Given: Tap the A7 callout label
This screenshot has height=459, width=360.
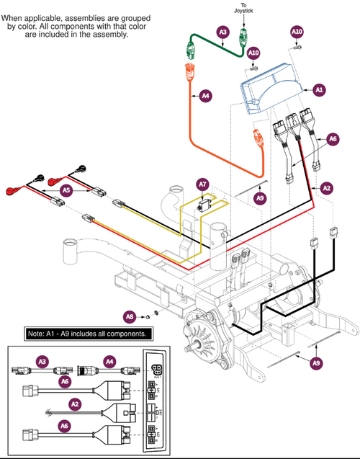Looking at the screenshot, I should [204, 186].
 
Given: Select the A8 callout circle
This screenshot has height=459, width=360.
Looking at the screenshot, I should [130, 315].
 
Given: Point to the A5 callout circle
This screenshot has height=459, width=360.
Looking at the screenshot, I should [66, 190].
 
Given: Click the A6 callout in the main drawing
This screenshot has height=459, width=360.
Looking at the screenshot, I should [332, 138].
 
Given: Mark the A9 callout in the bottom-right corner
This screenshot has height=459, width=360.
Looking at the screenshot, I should [316, 364].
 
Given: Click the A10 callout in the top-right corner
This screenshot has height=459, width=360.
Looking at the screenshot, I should [297, 32].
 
